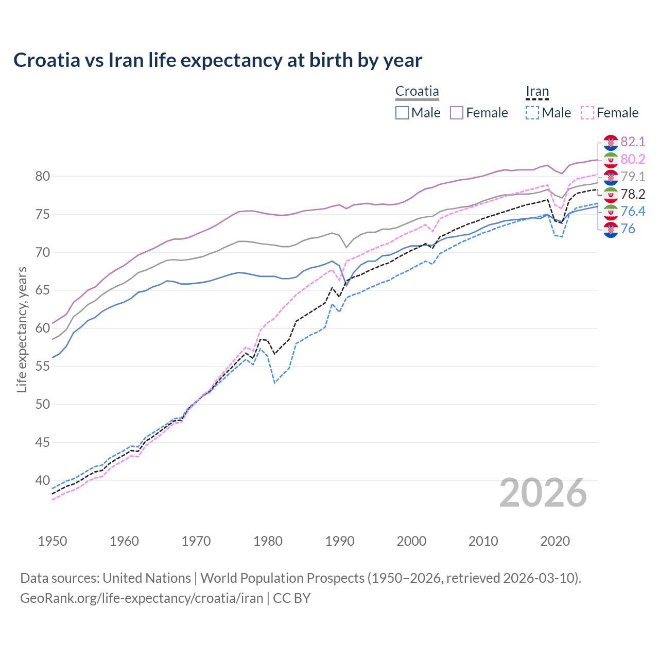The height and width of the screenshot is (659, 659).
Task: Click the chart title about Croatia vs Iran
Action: pos(218,60)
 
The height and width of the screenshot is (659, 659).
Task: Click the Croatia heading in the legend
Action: pos(417,92)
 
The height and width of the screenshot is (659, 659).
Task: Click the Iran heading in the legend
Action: pos(537,92)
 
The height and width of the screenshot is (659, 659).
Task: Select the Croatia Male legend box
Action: pos(402,113)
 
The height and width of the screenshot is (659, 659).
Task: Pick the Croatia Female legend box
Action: pos(457,113)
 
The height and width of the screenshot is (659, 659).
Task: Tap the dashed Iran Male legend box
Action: pos(532,113)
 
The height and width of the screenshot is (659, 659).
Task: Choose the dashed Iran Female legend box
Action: pos(587,113)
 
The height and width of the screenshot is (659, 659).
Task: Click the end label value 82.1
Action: pos(633,142)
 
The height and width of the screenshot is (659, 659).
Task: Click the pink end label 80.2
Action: pos(633,159)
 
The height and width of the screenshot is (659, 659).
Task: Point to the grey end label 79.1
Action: pos(633,177)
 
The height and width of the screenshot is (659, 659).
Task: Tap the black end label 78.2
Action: pos(633,194)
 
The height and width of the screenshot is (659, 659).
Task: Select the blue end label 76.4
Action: pos(633,211)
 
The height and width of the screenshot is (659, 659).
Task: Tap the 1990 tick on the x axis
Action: pos(340,541)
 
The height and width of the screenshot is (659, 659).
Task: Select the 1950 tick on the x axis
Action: pos(53,541)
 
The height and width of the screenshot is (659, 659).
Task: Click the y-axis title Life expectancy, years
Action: pos(22,329)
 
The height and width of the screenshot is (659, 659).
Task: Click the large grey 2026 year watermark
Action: pos(543,493)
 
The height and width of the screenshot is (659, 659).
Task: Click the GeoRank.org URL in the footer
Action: pos(142,598)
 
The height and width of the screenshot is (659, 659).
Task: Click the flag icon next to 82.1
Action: pos(611,142)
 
